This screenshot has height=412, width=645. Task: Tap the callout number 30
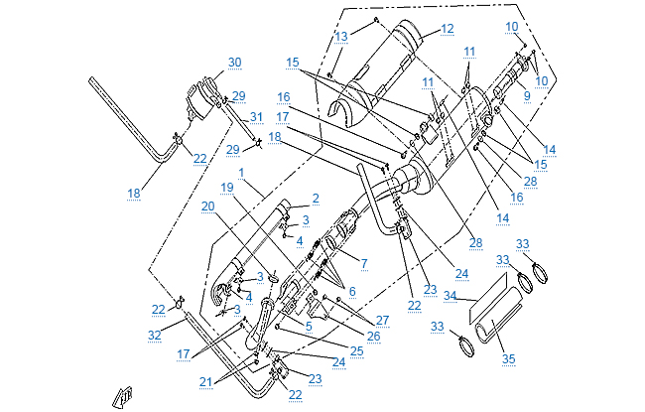coord(234,63)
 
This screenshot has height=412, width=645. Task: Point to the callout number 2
coord(316,198)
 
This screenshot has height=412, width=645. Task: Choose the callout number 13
coord(340,36)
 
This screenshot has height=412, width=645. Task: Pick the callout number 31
coord(256,117)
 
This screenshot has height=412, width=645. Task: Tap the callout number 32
coord(154,336)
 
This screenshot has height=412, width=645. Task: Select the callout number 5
coord(309,326)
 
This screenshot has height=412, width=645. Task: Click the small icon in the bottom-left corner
coord(124,395)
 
